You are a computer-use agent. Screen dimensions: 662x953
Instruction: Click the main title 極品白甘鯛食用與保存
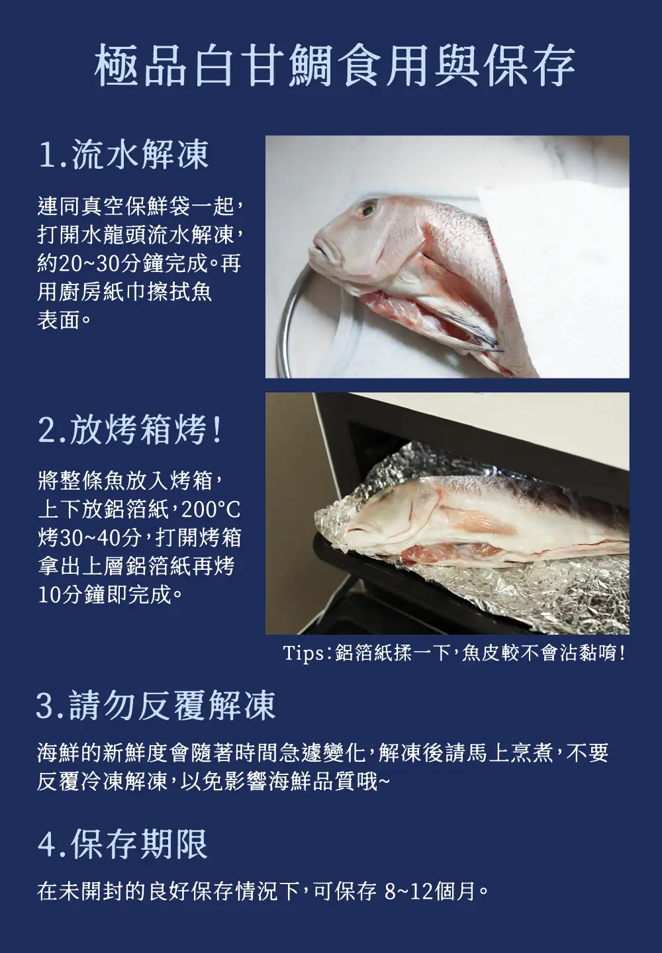(334, 65)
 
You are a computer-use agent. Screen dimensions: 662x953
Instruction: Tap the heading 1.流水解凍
(123, 154)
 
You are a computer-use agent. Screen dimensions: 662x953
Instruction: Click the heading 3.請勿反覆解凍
(156, 705)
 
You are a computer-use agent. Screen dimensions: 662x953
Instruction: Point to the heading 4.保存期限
(122, 844)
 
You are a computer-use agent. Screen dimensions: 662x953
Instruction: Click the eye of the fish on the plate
(367, 208)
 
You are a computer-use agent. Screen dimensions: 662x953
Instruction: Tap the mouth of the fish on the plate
(320, 253)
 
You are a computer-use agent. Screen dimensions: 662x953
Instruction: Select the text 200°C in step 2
(211, 510)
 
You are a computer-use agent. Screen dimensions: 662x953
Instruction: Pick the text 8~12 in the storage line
(409, 891)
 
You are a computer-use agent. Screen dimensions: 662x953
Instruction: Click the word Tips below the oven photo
(303, 653)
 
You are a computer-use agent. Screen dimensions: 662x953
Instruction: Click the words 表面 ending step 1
(59, 320)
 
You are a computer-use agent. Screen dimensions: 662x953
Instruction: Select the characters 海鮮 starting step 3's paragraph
(59, 752)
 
